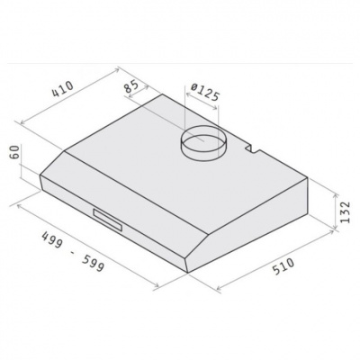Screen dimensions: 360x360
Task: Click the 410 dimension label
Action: (x=63, y=89)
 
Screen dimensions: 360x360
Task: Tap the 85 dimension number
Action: (x=131, y=86)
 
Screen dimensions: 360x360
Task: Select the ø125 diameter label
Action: (x=205, y=92)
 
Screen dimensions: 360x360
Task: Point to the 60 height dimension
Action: (x=16, y=152)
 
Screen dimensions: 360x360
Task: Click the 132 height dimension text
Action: (x=346, y=211)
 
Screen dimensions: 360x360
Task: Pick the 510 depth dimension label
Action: (x=283, y=266)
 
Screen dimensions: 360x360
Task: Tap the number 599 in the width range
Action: (x=93, y=263)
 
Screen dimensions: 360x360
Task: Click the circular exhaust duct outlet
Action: (x=202, y=143)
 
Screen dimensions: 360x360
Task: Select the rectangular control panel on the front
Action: (x=108, y=220)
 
